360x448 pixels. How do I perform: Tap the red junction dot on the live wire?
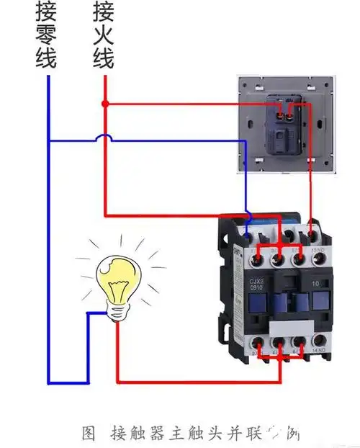(105, 104)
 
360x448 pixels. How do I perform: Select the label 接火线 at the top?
(103, 36)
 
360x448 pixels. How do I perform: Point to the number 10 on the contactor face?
(315, 285)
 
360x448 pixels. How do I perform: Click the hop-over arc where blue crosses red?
(105, 136)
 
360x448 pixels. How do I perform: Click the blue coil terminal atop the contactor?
(248, 232)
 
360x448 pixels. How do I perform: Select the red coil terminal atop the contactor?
(310, 232)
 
